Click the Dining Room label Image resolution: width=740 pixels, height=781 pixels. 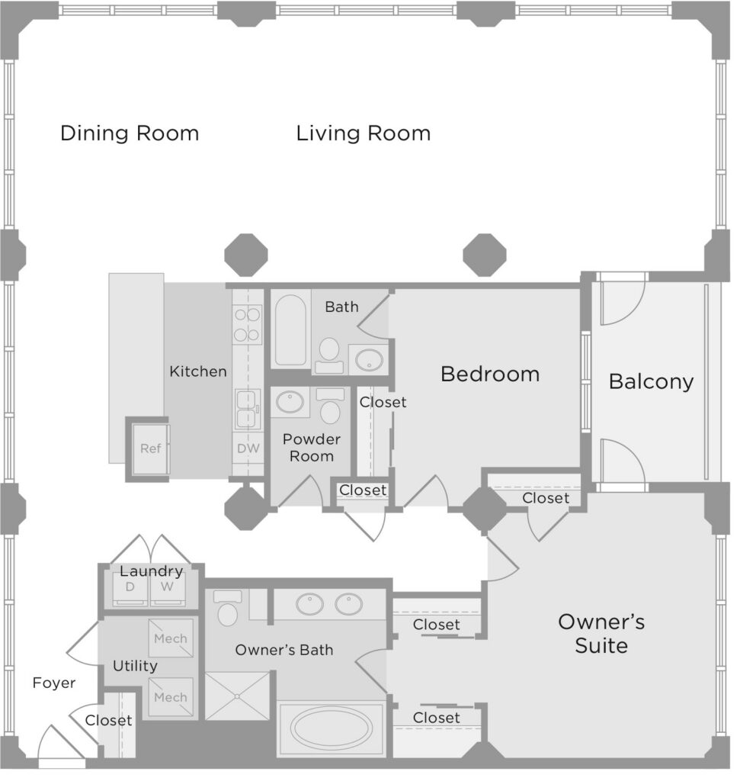[x=130, y=133]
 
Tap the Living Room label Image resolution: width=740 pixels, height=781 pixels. [x=364, y=133]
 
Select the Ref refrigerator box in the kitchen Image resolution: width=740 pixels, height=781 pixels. [x=150, y=448]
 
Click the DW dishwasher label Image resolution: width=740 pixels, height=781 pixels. [x=248, y=448]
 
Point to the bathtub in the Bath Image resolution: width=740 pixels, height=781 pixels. [x=290, y=330]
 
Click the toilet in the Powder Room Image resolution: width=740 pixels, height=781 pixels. [x=330, y=406]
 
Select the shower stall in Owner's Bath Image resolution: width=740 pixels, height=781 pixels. [x=237, y=696]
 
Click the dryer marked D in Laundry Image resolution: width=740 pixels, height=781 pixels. [x=130, y=590]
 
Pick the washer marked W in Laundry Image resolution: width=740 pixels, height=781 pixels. [x=167, y=590]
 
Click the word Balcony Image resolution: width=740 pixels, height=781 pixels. [x=651, y=381]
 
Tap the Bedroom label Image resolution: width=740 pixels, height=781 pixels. [x=490, y=374]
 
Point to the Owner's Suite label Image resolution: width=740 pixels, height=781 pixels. [x=601, y=634]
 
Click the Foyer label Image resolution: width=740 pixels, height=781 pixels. [x=54, y=683]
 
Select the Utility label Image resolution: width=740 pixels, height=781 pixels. [x=135, y=666]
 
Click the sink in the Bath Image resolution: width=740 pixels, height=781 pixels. [x=369, y=359]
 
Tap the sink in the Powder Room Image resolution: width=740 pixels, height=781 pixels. [x=290, y=401]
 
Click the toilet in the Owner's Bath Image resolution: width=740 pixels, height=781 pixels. [x=227, y=608]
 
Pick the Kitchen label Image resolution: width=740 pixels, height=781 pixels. [x=198, y=371]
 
